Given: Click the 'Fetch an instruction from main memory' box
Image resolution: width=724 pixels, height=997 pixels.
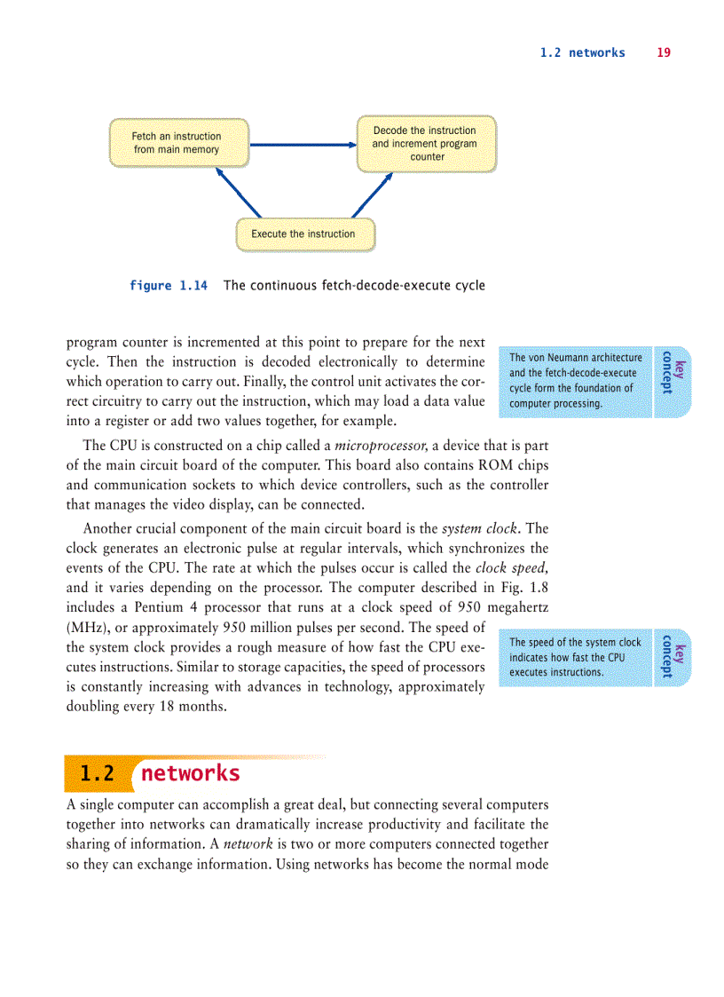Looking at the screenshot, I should coord(177,143).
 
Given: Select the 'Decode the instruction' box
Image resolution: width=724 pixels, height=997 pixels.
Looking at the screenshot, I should coord(425,144).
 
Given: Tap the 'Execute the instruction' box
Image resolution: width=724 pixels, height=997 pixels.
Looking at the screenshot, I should coord(303,234).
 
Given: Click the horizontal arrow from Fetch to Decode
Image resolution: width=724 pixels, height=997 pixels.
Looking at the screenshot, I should coord(303,144).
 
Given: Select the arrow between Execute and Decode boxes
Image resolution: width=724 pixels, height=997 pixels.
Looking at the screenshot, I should coord(372,194).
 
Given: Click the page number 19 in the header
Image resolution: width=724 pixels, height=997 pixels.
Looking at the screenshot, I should coord(664,53).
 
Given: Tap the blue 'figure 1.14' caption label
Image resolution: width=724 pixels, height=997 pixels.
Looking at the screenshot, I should coord(169,286).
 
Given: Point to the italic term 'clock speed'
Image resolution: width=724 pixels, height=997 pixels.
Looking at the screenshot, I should coord(511,568).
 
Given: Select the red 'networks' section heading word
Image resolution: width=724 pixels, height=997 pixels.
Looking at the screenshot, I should coord(191,773).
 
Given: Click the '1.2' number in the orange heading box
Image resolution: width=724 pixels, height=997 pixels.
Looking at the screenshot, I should coord(97,773).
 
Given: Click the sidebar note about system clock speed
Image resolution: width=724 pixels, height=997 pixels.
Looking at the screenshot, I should coord(575,657).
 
